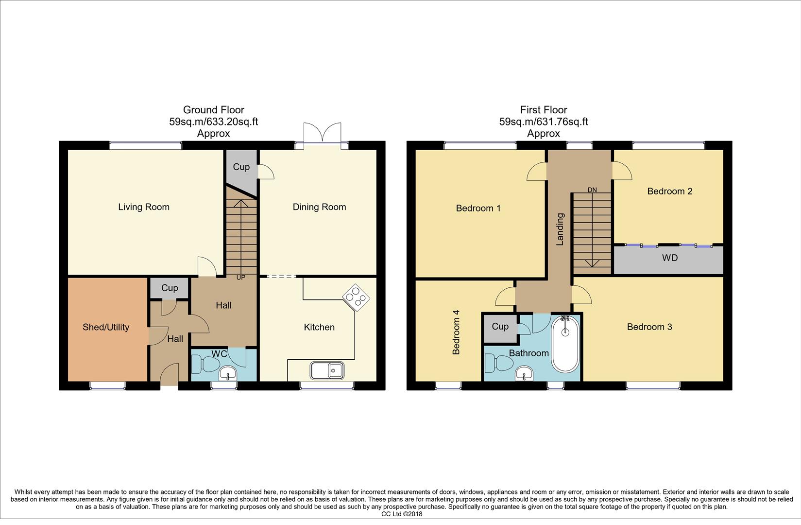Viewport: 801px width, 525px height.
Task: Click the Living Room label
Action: click(x=144, y=207)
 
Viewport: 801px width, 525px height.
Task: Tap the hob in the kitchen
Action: click(x=356, y=297)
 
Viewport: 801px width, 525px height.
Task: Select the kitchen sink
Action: click(x=328, y=370)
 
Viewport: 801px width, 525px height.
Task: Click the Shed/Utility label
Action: click(x=106, y=327)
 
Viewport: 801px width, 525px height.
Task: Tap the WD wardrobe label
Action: click(x=669, y=258)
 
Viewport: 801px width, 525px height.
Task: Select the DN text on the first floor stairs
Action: click(x=592, y=190)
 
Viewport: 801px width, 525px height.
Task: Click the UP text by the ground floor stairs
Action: click(x=240, y=278)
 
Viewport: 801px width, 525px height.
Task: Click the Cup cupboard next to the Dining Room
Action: click(x=241, y=167)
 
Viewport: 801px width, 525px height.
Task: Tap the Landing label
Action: click(x=560, y=229)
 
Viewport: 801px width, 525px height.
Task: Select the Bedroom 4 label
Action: click(x=456, y=332)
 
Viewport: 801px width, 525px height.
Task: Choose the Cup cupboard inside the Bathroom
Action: click(x=499, y=326)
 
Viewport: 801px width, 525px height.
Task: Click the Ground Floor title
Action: click(x=213, y=110)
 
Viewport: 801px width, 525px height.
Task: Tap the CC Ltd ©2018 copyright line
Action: click(x=402, y=514)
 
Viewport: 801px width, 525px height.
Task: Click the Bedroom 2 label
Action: click(x=669, y=192)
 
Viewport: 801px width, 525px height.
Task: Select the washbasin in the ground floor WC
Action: click(x=227, y=374)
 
